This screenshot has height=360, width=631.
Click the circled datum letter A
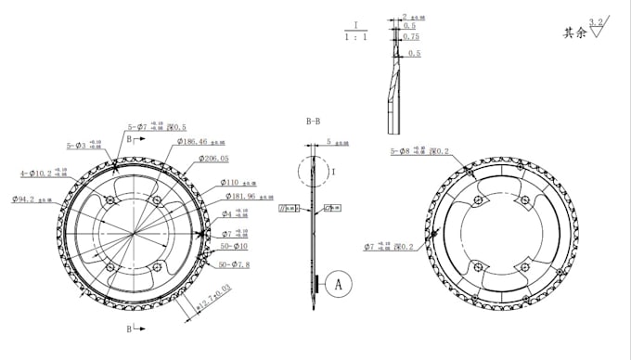[x=339, y=283]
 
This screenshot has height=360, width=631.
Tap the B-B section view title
[x=314, y=122]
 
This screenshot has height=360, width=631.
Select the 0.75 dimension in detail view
[x=412, y=37]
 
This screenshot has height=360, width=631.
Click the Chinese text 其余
[x=574, y=32]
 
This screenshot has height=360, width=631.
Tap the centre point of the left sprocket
[x=135, y=233]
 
